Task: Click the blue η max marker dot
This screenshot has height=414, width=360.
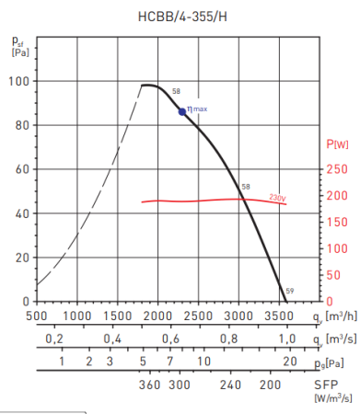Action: point(182,111)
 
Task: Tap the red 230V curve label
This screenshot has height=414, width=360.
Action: point(277,197)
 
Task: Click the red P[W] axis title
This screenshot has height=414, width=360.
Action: point(338,144)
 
